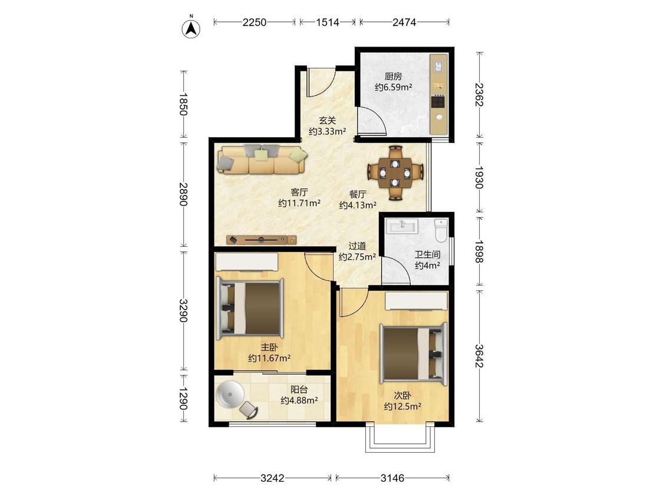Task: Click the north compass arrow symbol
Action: [191, 29]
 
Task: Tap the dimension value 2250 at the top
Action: [255, 22]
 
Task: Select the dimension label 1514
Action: [328, 22]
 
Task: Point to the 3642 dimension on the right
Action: [479, 356]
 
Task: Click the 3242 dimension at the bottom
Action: [272, 478]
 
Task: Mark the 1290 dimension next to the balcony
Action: [183, 399]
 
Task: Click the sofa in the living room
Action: [262, 160]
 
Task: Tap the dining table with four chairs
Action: [395, 173]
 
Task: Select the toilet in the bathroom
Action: [441, 230]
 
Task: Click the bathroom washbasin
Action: [403, 226]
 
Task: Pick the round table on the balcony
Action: [230, 395]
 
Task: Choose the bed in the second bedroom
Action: [414, 354]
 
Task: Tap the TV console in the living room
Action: [262, 240]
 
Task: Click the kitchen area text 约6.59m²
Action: [393, 88]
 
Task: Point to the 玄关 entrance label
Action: [327, 121]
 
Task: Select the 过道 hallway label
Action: [357, 246]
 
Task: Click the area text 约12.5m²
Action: [402, 406]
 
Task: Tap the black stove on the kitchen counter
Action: [438, 102]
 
